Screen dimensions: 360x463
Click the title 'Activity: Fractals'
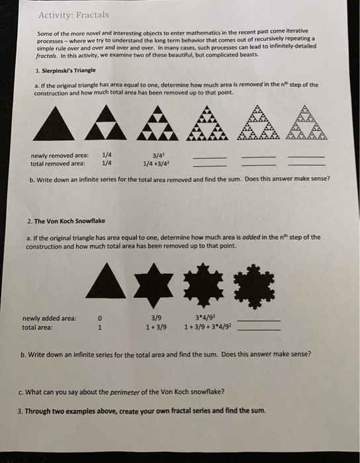point(73,14)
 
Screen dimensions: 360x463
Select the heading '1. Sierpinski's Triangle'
point(66,70)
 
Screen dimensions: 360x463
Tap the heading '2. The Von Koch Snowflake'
point(66,221)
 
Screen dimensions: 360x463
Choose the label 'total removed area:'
point(58,163)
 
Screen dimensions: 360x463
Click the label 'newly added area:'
point(50,318)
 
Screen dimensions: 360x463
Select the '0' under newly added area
point(99,318)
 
